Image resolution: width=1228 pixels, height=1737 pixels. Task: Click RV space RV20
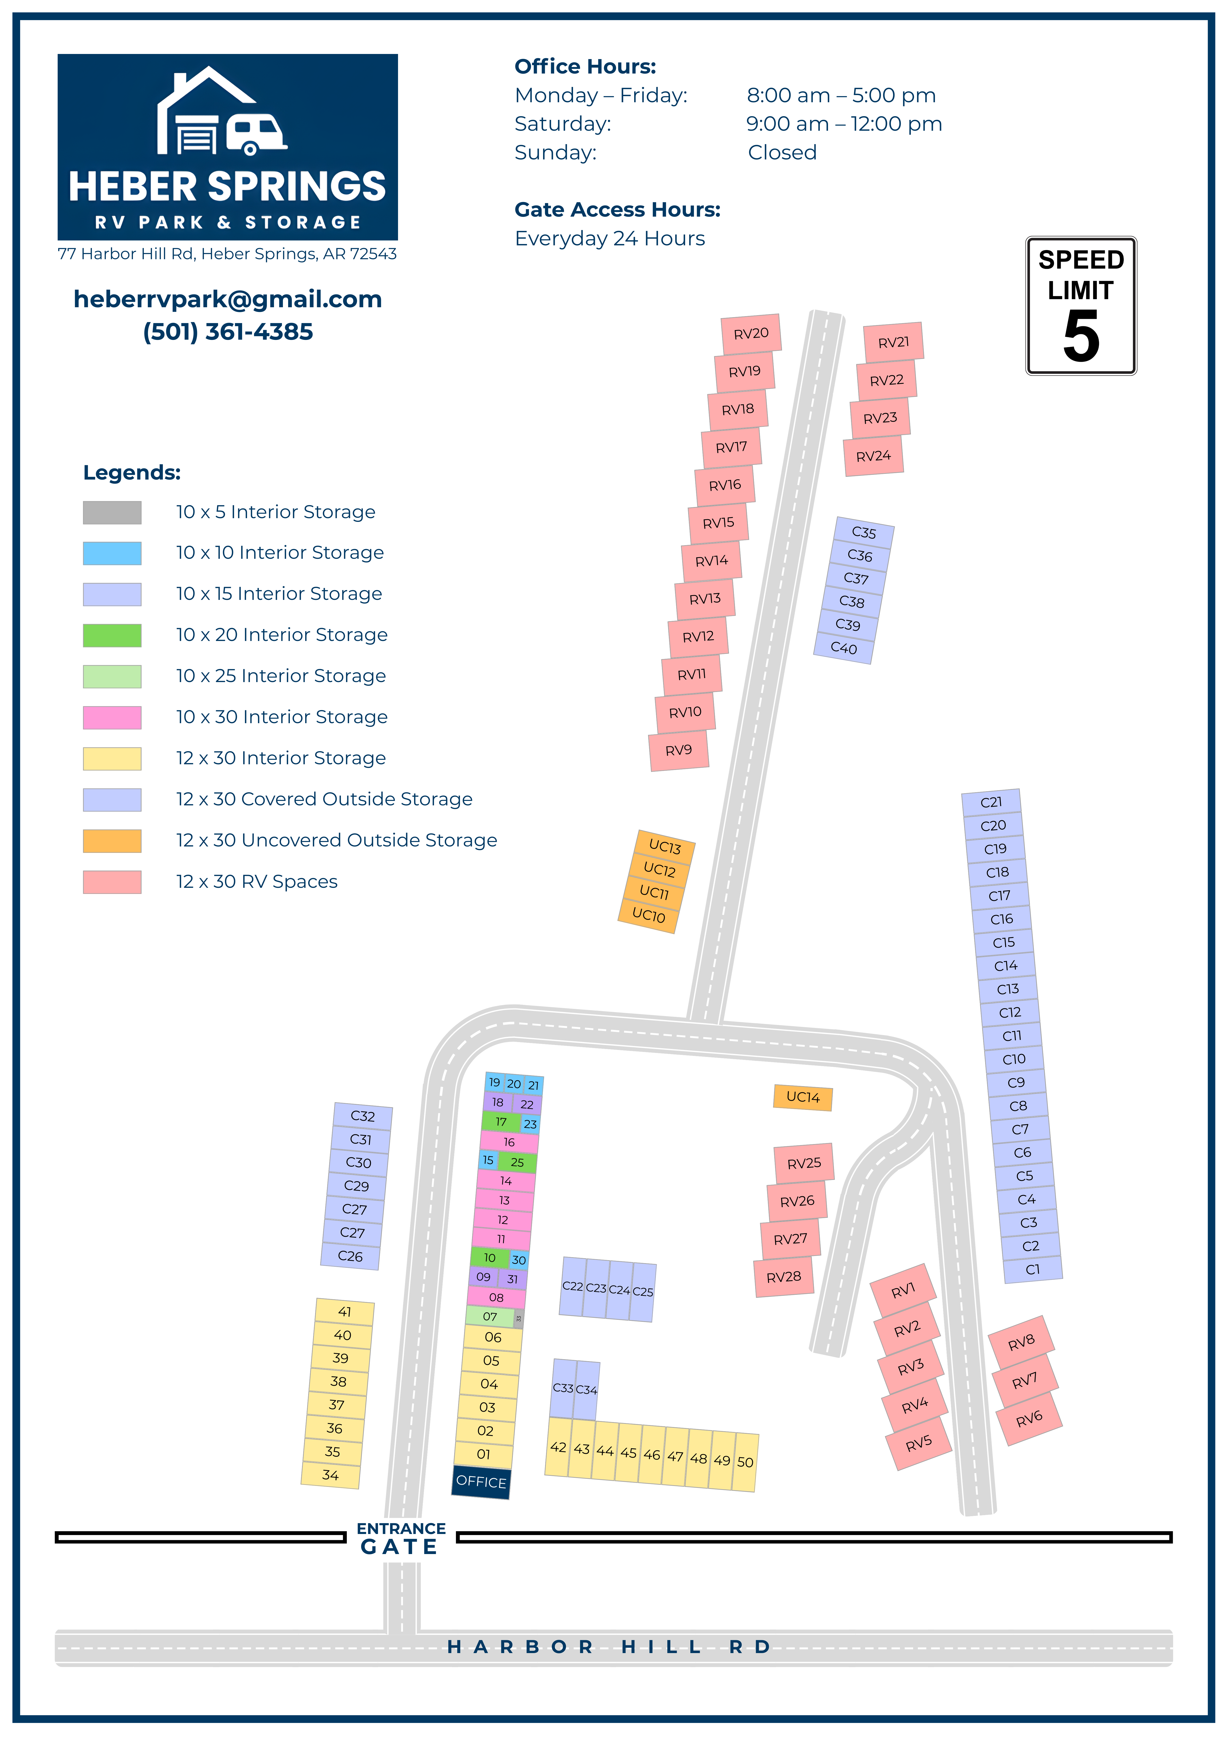[x=751, y=334]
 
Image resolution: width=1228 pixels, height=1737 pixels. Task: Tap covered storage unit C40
[x=844, y=648]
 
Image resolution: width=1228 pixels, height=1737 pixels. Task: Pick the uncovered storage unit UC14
[x=803, y=1097]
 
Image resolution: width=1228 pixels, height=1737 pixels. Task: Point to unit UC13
[x=664, y=847]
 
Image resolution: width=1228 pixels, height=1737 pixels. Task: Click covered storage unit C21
[x=991, y=802]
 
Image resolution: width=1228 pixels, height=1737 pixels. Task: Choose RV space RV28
[x=784, y=1277]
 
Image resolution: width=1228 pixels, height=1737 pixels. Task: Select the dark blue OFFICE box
[x=481, y=1481]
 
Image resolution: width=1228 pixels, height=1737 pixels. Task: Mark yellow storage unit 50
[x=745, y=1462]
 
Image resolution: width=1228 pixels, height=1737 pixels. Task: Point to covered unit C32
[x=362, y=1116]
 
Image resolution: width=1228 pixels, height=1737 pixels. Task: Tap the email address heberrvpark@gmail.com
[x=228, y=300]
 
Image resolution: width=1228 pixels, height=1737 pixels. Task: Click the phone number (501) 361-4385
[x=228, y=332]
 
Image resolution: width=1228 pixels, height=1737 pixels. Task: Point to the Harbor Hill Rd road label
[x=609, y=1647]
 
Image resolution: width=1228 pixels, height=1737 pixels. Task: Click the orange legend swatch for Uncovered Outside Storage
[x=112, y=841]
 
